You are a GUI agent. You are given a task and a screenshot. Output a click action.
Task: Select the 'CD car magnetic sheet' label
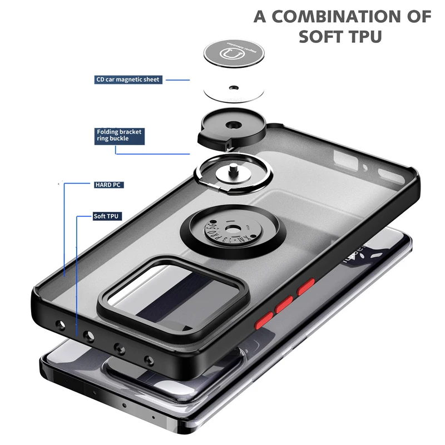[128, 80]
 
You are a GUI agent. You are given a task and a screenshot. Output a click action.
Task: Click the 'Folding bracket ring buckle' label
[119, 135]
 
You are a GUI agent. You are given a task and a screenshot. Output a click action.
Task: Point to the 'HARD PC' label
[108, 184]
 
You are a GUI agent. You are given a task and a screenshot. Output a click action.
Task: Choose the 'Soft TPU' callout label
[107, 216]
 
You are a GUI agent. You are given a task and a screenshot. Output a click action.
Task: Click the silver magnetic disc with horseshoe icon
[234, 55]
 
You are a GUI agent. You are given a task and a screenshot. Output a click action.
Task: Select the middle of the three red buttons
[284, 304]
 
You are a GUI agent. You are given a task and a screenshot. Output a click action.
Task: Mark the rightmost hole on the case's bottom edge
[147, 360]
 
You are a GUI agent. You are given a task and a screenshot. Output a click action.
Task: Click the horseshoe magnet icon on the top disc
[234, 55]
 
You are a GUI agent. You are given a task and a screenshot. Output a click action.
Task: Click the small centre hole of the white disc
[234, 87]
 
